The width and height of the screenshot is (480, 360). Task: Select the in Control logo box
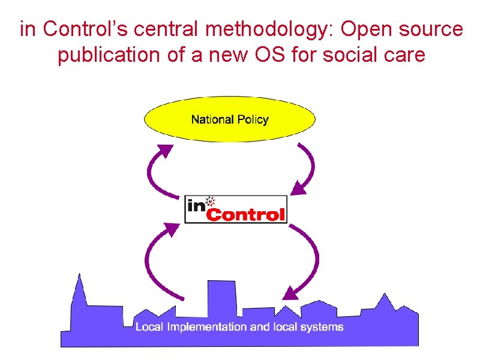click(x=235, y=209)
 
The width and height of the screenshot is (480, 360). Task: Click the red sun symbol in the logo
click(x=211, y=201)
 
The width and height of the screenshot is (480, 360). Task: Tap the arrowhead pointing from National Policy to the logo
click(x=297, y=189)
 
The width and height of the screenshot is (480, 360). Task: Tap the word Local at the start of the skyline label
click(x=148, y=327)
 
